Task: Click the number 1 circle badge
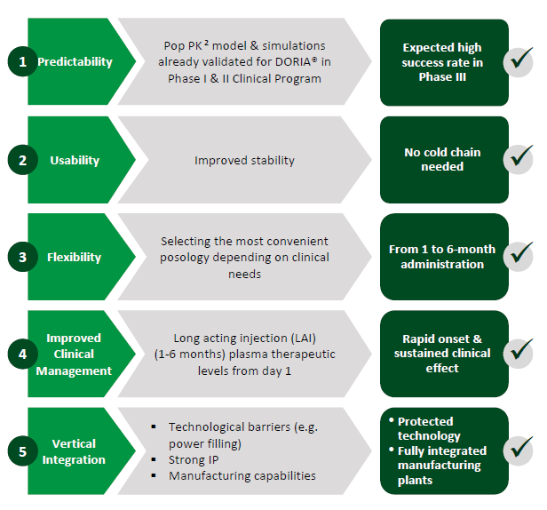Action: (23, 61)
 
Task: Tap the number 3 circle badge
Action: (23, 257)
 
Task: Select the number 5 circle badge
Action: (23, 451)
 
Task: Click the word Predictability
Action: (75, 62)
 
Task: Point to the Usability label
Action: (75, 160)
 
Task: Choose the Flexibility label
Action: (74, 258)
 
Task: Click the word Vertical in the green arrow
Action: (74, 443)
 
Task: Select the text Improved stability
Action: (244, 160)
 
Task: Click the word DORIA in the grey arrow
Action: (296, 62)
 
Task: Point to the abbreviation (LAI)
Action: (303, 339)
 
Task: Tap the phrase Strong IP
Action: (194, 459)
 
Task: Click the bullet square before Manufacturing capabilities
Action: (154, 475)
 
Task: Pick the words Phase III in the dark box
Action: (442, 76)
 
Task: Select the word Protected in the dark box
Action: (425, 421)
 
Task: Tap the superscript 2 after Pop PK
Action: (206, 43)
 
